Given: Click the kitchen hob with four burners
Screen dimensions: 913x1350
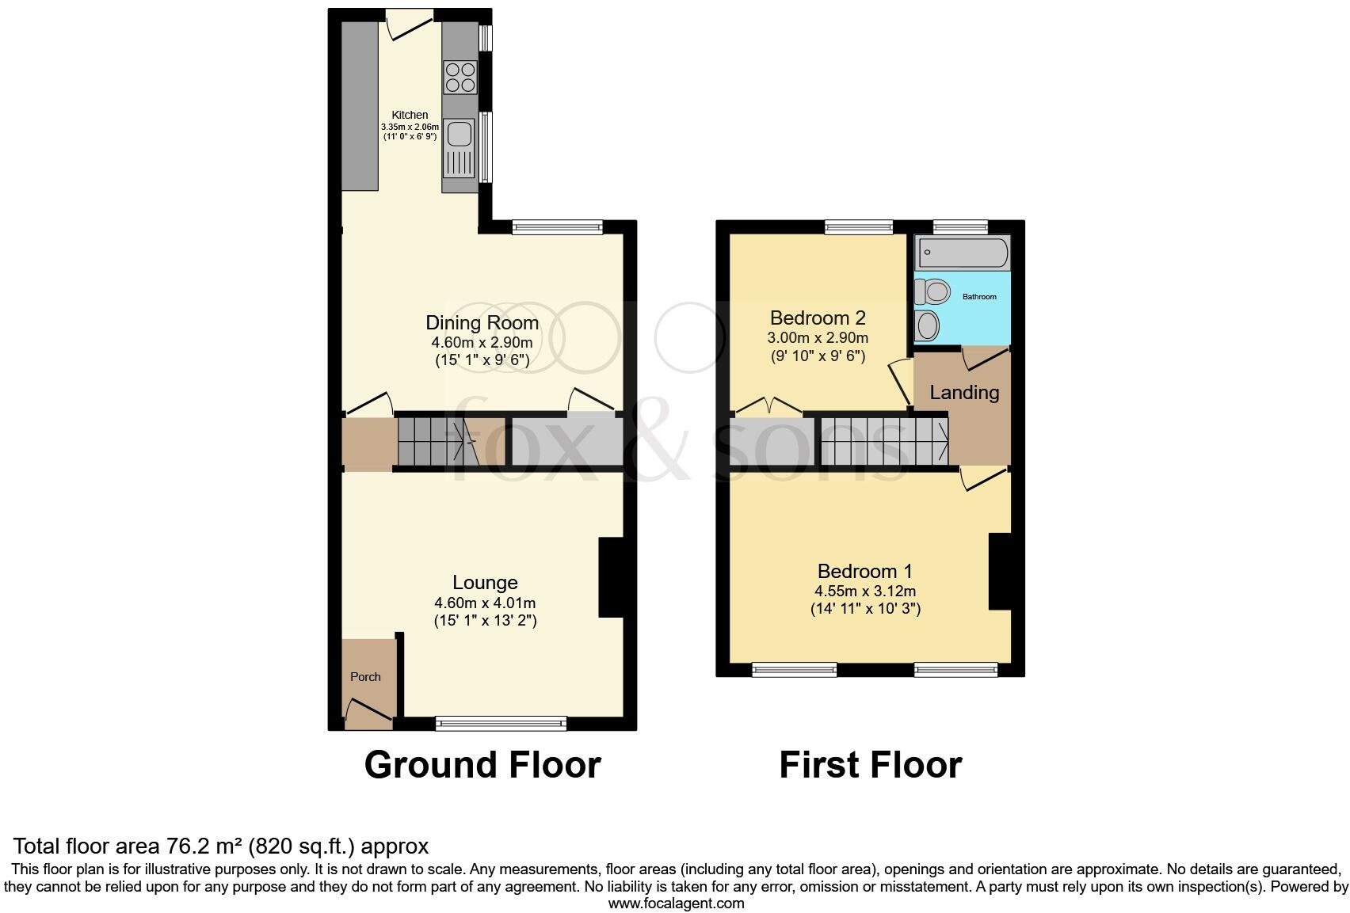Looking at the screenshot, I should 460,77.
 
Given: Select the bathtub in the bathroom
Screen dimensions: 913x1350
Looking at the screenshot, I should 962,253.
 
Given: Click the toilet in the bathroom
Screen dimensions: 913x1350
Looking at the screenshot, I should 932,292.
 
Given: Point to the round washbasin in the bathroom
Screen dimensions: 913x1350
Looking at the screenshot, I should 926,325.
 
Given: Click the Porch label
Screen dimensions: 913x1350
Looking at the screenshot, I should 365,677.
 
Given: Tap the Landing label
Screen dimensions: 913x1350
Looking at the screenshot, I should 963,393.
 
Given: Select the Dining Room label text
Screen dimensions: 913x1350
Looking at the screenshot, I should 482,323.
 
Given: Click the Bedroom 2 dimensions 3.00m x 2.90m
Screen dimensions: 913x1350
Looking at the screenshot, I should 818,338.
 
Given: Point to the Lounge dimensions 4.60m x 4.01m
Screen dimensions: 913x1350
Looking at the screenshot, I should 485,603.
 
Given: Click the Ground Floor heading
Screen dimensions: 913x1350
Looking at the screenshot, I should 482,765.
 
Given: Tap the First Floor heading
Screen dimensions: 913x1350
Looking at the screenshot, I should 870,765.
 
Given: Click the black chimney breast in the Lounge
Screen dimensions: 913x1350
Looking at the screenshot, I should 611,577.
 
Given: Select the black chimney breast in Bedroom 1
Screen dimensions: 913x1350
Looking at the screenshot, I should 1000,572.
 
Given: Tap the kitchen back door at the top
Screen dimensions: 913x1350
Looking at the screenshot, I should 410,25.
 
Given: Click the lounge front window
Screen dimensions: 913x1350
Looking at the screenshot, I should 501,722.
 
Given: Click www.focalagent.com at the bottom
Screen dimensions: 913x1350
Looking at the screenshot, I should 676,903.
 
